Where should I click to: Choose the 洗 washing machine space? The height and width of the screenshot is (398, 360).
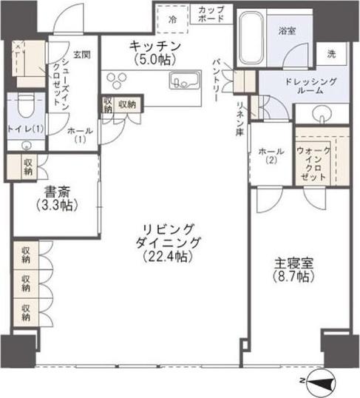[x=330, y=53]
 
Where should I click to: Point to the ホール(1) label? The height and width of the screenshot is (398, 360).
[x=78, y=134]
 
